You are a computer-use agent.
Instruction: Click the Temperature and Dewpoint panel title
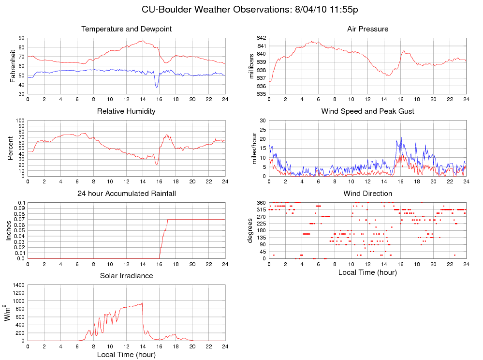tap(127, 29)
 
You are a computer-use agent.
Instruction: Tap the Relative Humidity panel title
tap(126, 111)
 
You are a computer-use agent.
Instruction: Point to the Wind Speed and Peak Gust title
tap(367, 111)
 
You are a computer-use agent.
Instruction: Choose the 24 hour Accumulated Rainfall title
tap(127, 194)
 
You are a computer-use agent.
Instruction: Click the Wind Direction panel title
tap(367, 194)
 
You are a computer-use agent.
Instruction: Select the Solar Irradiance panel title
tap(126, 276)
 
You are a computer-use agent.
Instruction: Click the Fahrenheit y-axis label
tap(13, 66)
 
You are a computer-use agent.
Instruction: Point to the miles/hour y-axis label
tap(254, 148)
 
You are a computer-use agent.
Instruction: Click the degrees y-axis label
tap(250, 230)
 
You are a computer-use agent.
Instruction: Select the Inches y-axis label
tap(8, 230)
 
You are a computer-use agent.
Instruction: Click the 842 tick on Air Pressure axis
tap(261, 38)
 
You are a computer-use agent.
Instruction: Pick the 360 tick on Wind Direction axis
tap(261, 202)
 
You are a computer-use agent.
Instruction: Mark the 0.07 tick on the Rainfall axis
tap(18, 219)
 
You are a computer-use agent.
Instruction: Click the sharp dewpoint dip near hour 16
tap(157, 87)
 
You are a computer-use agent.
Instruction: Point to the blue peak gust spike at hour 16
tap(401, 138)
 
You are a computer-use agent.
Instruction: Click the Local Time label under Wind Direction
tap(367, 272)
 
